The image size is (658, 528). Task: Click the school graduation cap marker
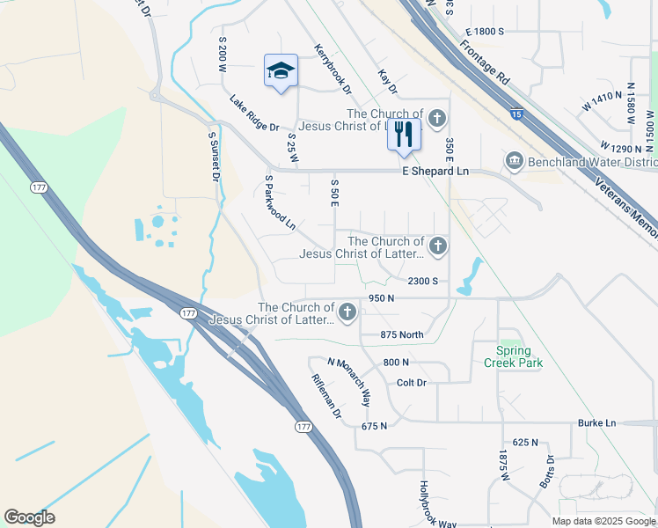[x=281, y=70]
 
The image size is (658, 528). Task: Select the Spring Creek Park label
[x=513, y=356]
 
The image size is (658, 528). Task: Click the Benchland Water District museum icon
[x=514, y=161]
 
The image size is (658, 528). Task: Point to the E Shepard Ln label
[x=435, y=172]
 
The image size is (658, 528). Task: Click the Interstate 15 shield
[x=517, y=114]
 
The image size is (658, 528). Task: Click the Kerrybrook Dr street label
[x=333, y=69]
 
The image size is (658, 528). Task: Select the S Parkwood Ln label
[x=280, y=202]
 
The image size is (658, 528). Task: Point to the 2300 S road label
[x=422, y=281]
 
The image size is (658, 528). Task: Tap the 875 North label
[x=402, y=334]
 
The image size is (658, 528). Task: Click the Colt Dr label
[x=411, y=383]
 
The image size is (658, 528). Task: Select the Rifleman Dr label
[x=325, y=395]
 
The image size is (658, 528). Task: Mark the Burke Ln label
[x=596, y=423]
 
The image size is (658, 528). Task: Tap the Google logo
[x=29, y=517]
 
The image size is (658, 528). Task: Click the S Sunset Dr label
[x=213, y=157]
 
